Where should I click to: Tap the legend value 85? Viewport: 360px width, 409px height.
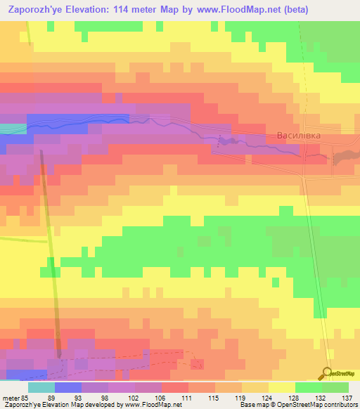click(x=25, y=398)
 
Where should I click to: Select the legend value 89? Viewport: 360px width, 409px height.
click(x=51, y=398)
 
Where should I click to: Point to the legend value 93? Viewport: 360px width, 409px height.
click(x=78, y=398)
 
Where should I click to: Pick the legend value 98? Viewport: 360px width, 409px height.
click(x=105, y=398)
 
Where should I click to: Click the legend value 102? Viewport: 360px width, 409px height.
click(x=131, y=398)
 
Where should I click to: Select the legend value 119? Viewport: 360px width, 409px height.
click(x=238, y=398)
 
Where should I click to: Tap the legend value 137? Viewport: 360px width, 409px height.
click(x=345, y=398)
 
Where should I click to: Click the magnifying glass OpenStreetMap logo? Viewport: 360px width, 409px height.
click(x=327, y=373)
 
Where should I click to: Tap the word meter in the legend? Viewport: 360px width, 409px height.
click(x=10, y=398)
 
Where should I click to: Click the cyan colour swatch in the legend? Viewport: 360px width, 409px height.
click(x=41, y=387)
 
